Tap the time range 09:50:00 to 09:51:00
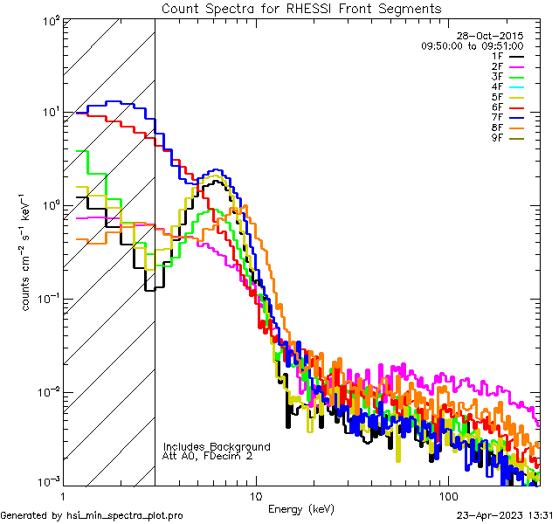pyautogui.click(x=473, y=45)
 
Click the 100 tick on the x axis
pyautogui.click(x=448, y=494)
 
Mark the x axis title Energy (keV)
pyautogui.click(x=300, y=508)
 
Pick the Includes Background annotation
pyautogui.click(x=216, y=446)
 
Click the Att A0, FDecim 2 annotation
pyautogui.click(x=207, y=456)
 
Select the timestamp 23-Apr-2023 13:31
pyautogui.click(x=507, y=515)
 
